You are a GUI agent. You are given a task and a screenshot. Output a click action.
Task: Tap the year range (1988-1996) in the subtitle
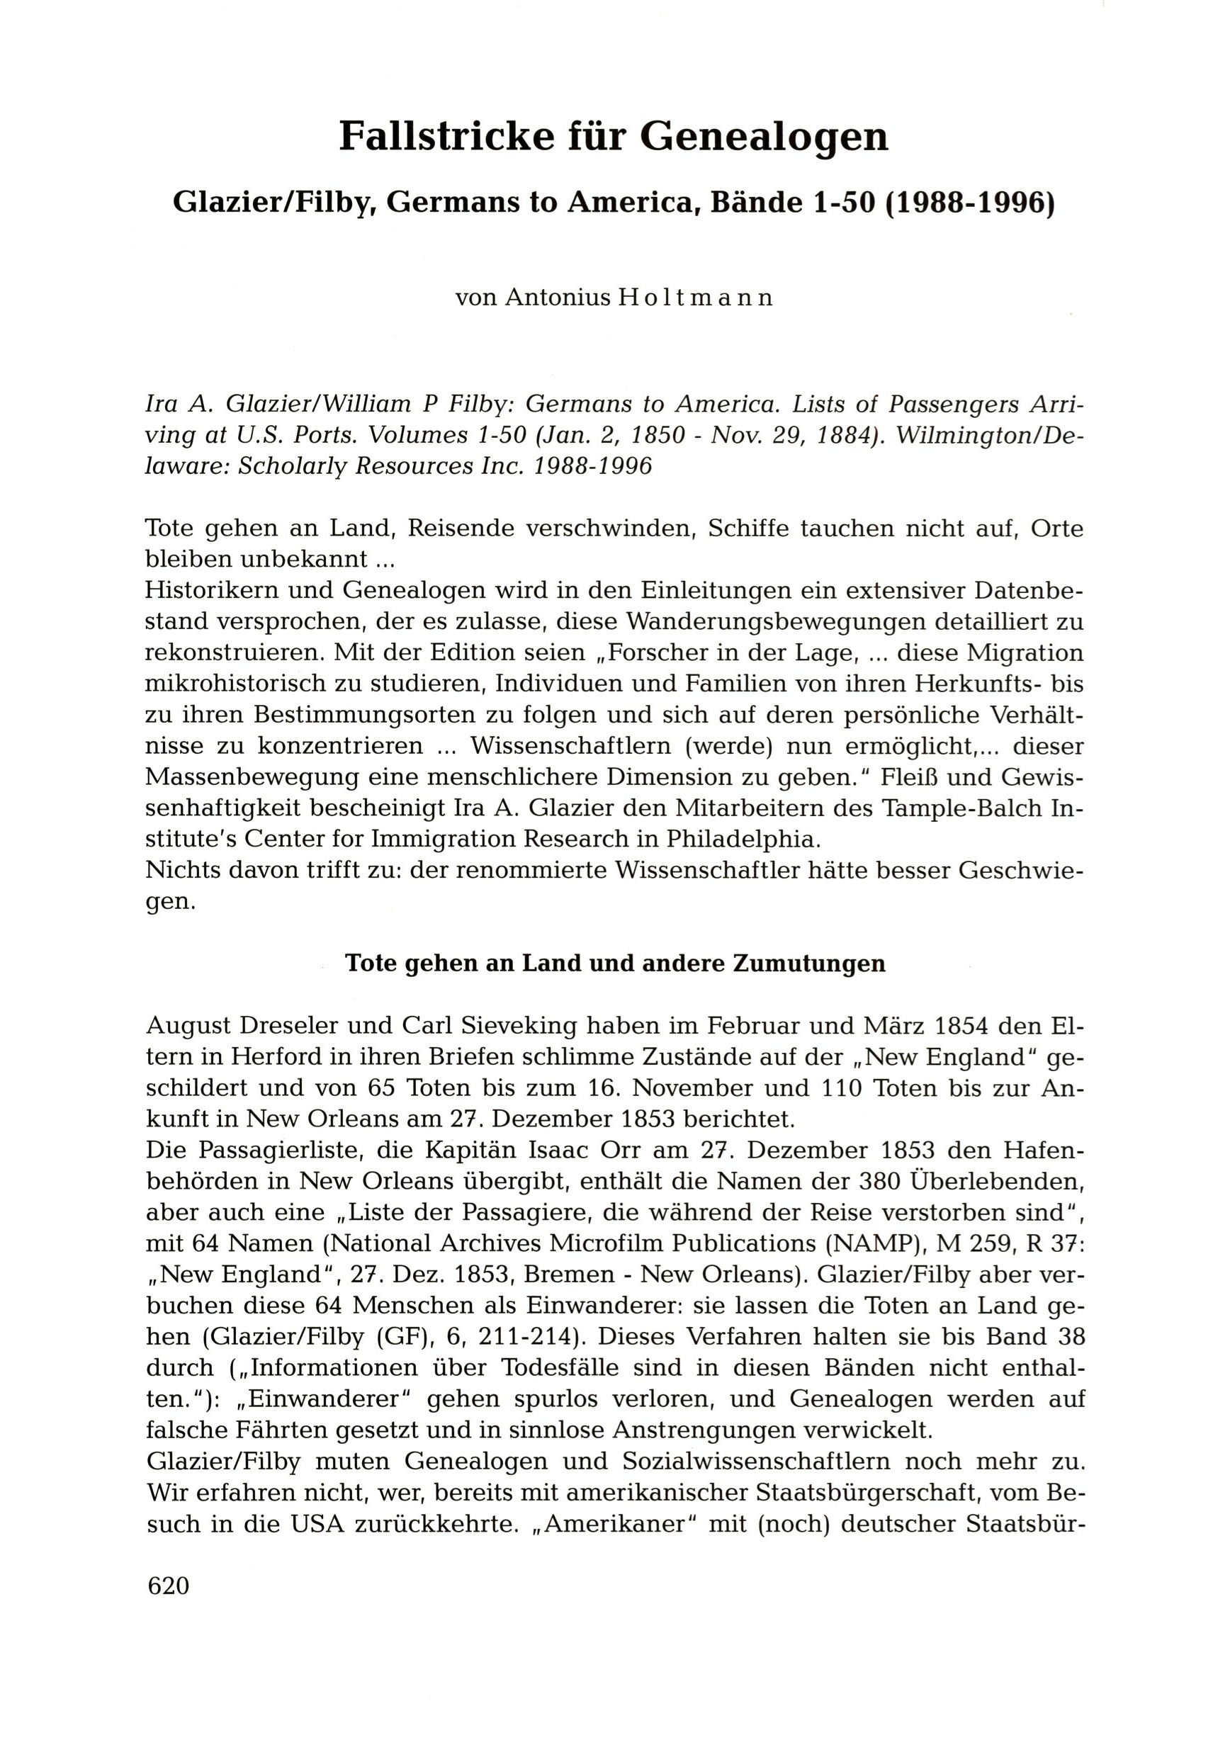point(969,202)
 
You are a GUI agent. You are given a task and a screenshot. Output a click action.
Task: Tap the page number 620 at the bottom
point(169,1586)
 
